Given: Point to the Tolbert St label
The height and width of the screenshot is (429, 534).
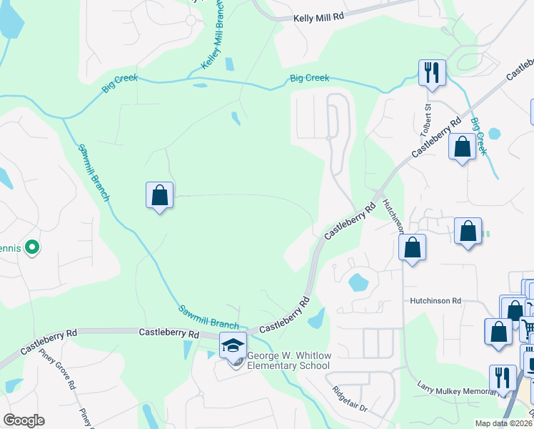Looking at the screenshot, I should tap(426, 119).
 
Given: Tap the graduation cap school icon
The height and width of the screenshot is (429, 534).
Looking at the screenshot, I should tap(233, 345).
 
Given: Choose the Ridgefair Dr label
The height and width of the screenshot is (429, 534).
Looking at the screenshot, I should tap(350, 403).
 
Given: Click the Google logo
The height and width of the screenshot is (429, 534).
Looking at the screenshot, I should tap(24, 420).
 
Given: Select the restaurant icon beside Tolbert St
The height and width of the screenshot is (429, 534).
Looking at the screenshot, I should tap(431, 72).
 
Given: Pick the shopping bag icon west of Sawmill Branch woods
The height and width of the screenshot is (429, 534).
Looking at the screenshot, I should tap(159, 194).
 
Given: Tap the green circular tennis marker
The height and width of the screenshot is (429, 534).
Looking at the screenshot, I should tap(31, 248).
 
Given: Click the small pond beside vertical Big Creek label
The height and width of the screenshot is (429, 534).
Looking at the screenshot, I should tap(494, 133).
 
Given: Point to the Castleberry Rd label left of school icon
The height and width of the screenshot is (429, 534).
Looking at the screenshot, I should tap(168, 333).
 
